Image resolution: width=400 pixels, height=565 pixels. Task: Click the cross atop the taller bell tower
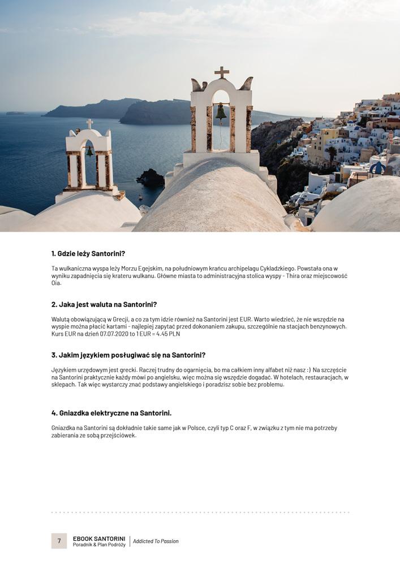[x=222, y=72]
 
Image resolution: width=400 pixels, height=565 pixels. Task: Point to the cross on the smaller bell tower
[x=89, y=123]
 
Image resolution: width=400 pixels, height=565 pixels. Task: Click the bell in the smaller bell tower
[x=89, y=151]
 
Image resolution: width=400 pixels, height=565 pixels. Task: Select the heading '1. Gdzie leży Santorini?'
[x=88, y=254]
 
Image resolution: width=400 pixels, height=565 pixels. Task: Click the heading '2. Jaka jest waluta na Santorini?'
[x=104, y=305]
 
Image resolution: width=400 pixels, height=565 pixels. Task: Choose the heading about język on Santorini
[x=128, y=355]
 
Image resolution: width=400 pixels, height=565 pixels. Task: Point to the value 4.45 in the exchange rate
[x=166, y=334]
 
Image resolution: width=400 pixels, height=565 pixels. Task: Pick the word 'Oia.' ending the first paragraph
[x=56, y=283]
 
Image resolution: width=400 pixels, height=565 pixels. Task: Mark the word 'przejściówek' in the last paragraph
[x=119, y=436]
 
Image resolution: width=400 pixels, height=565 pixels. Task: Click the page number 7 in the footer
[x=59, y=541]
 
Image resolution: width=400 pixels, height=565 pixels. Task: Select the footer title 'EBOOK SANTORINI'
[x=99, y=538]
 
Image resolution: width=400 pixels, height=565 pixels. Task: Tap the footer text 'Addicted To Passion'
[x=156, y=541]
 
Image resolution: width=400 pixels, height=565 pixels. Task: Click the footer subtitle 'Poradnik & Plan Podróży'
[x=99, y=545]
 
